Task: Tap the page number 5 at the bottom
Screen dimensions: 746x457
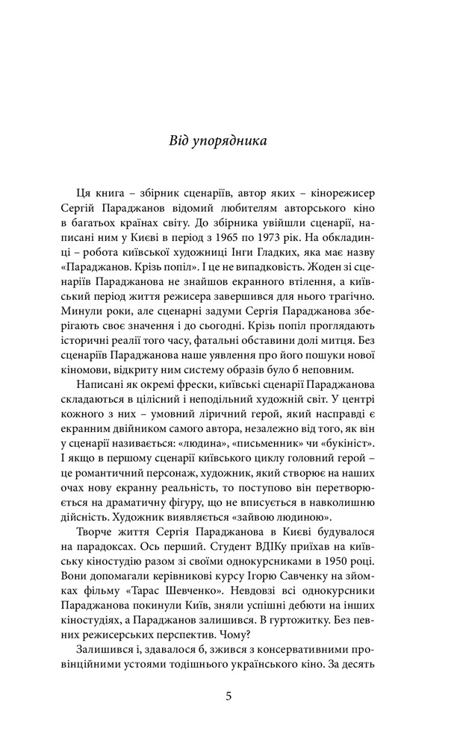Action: click(228, 697)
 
